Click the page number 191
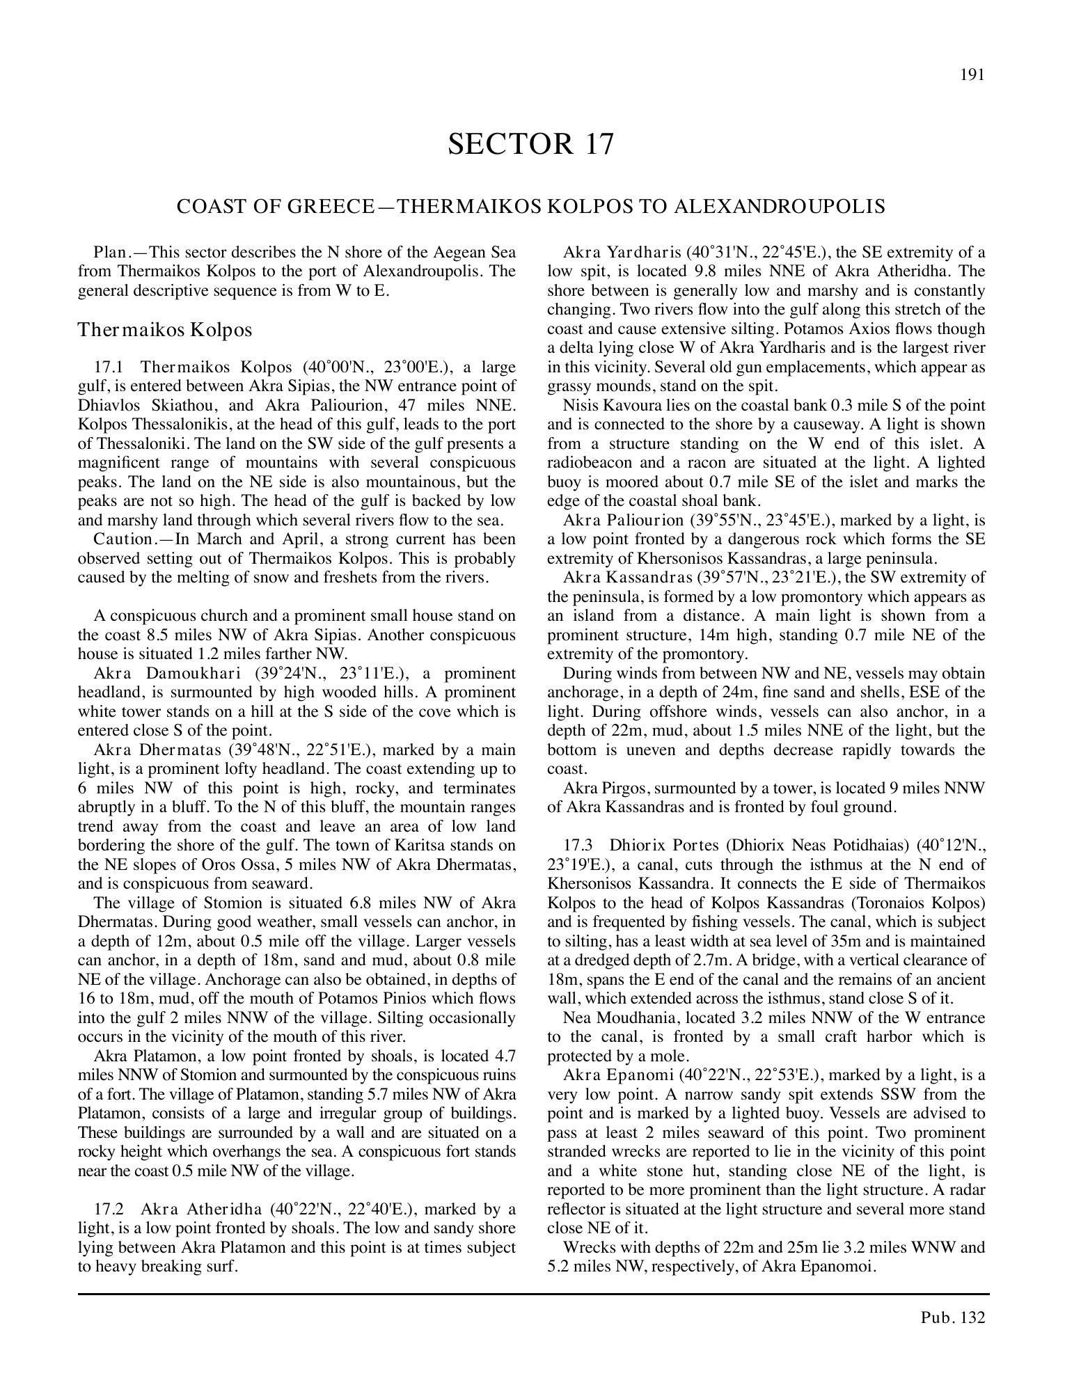972,75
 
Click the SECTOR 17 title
531,144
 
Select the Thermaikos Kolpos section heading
164,330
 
